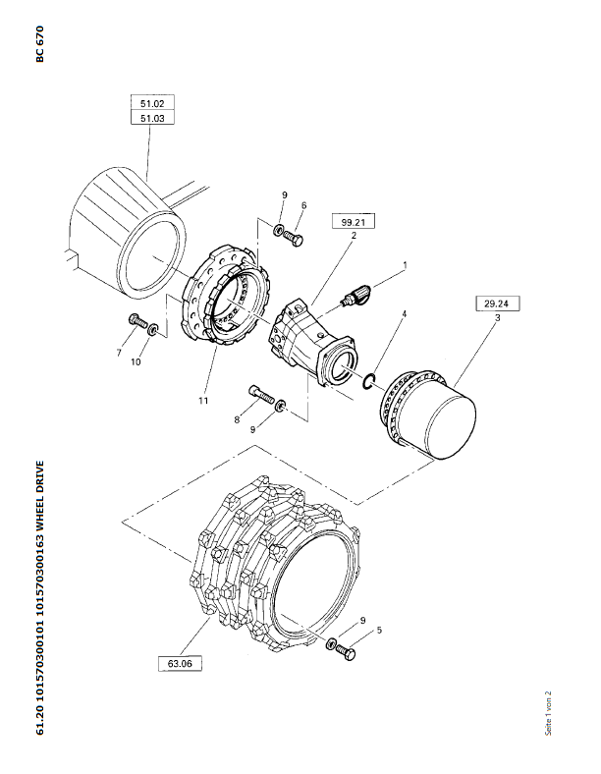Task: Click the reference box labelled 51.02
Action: (x=152, y=103)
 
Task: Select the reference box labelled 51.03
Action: (x=152, y=118)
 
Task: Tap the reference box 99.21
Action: (x=354, y=222)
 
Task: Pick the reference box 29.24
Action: (x=496, y=304)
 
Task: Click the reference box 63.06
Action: (x=180, y=663)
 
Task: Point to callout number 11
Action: (x=203, y=401)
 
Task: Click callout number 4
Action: (x=405, y=313)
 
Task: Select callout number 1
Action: (x=406, y=265)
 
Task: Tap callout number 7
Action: (x=119, y=353)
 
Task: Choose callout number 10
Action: (x=136, y=361)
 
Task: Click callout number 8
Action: (x=237, y=419)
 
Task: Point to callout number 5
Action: (x=379, y=630)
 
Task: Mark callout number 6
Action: (x=303, y=205)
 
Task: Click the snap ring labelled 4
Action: (x=370, y=380)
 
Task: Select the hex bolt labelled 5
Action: (x=346, y=652)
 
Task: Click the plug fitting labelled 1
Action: (x=356, y=295)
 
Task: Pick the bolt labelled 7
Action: (x=138, y=321)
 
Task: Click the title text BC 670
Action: (x=39, y=44)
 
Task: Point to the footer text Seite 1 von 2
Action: (x=548, y=713)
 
